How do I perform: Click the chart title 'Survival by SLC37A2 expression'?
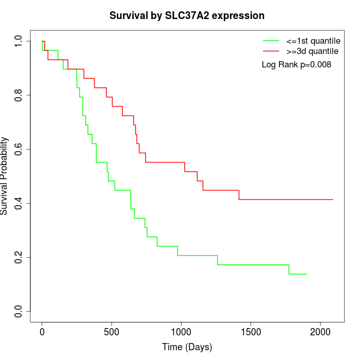(x=187, y=16)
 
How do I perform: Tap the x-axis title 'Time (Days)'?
(x=187, y=347)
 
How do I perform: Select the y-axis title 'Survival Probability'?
(x=5, y=176)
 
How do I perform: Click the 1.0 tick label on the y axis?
(x=20, y=41)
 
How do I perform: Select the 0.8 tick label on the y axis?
(x=20, y=95)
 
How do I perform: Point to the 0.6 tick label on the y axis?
(x=20, y=149)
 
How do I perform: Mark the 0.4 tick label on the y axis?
(x=20, y=203)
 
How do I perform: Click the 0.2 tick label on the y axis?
(x=20, y=257)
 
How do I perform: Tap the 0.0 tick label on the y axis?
(x=20, y=311)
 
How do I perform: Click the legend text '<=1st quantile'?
(x=313, y=41)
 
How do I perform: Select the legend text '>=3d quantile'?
(x=312, y=51)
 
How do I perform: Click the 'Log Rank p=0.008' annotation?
(x=296, y=65)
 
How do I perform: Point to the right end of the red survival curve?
(x=333, y=200)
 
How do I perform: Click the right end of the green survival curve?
(x=307, y=274)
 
